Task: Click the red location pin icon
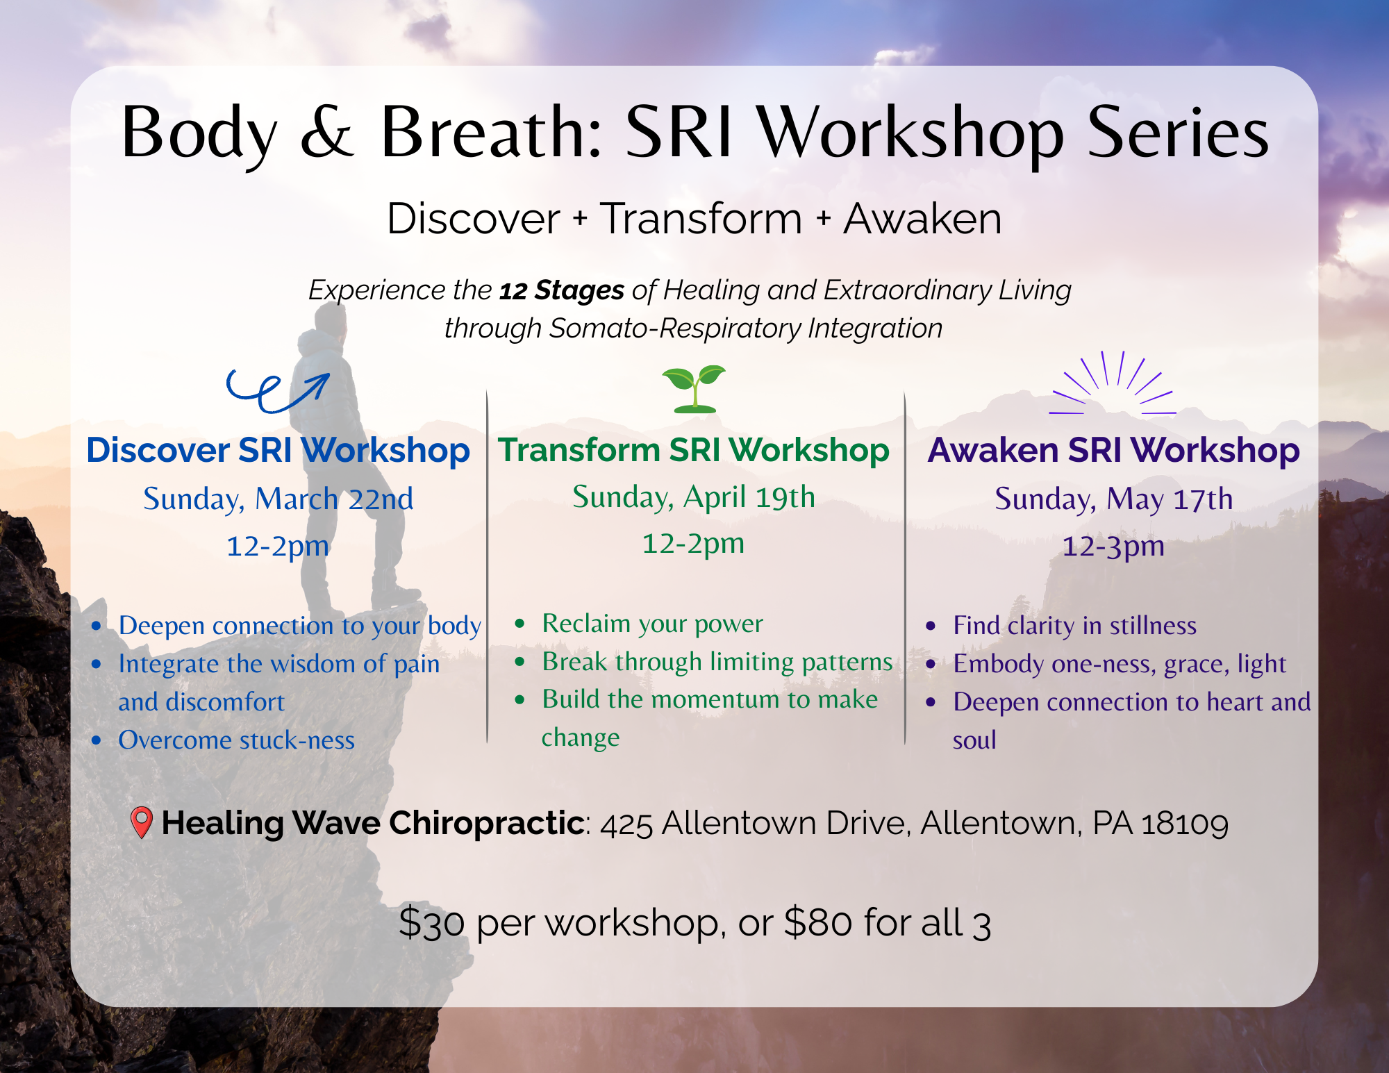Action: pyautogui.click(x=141, y=822)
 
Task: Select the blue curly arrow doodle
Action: pyautogui.click(x=278, y=391)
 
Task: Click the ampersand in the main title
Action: pyautogui.click(x=326, y=132)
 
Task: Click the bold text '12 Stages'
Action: pyautogui.click(x=562, y=290)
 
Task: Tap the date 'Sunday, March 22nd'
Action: pyautogui.click(x=278, y=499)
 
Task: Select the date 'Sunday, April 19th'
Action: pyautogui.click(x=694, y=497)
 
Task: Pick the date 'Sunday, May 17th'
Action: pyautogui.click(x=1113, y=499)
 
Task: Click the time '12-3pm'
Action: pyautogui.click(x=1113, y=546)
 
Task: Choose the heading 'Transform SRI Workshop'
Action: pyautogui.click(x=694, y=450)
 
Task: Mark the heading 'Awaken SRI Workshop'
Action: pyautogui.click(x=1113, y=450)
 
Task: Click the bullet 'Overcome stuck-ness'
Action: pyautogui.click(x=236, y=740)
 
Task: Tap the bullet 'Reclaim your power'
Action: pyautogui.click(x=652, y=624)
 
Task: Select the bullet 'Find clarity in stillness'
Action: pyautogui.click(x=1074, y=626)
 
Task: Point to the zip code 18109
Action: pyautogui.click(x=1185, y=824)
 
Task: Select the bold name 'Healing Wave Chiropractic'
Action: pyautogui.click(x=373, y=823)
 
